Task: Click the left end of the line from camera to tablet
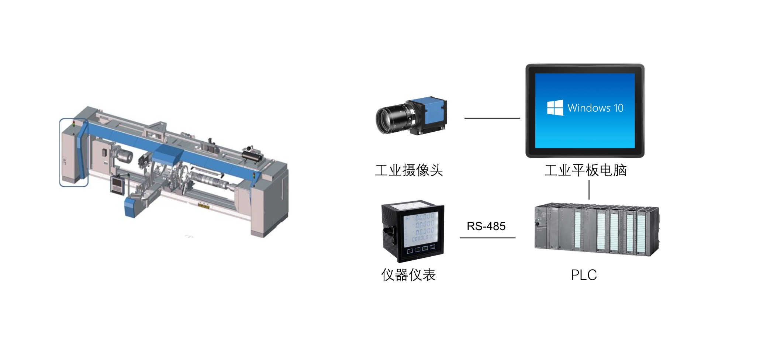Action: [x=465, y=118]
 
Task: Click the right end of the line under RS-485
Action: [x=515, y=238]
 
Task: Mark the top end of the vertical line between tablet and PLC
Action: [x=589, y=180]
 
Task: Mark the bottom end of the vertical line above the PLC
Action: [x=589, y=199]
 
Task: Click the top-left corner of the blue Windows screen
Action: [x=535, y=73]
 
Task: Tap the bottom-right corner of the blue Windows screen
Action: [x=635, y=148]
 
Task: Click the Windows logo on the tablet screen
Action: [x=555, y=108]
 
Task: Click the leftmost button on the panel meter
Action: [x=410, y=250]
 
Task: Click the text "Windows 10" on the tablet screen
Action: [x=595, y=108]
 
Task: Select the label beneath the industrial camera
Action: [x=409, y=170]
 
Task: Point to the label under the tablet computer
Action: [x=585, y=170]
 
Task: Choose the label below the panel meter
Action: [x=408, y=275]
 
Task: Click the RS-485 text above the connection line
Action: [x=486, y=226]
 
